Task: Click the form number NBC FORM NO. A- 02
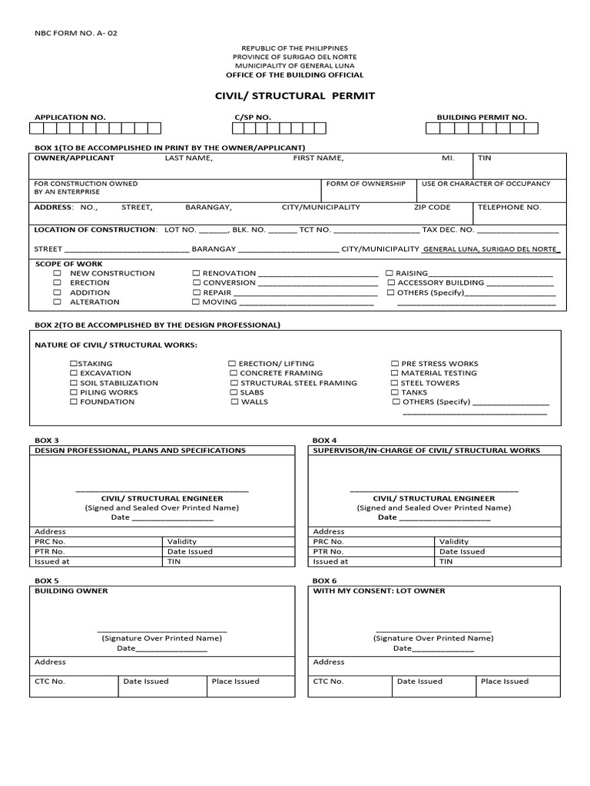tap(77, 34)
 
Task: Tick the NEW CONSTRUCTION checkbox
tap(57, 273)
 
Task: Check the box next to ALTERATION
tap(57, 302)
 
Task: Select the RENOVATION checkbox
tap(196, 273)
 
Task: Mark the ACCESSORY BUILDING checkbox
tap(391, 283)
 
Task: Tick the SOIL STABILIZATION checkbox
tap(74, 383)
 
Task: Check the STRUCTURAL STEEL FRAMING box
tap(233, 383)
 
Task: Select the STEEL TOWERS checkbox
tap(395, 383)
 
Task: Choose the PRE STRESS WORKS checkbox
tap(395, 364)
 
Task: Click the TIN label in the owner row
tap(484, 158)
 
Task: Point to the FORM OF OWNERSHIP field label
tap(366, 184)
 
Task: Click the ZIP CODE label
tap(432, 207)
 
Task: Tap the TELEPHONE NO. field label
tap(509, 207)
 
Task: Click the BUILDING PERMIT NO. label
tap(482, 117)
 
